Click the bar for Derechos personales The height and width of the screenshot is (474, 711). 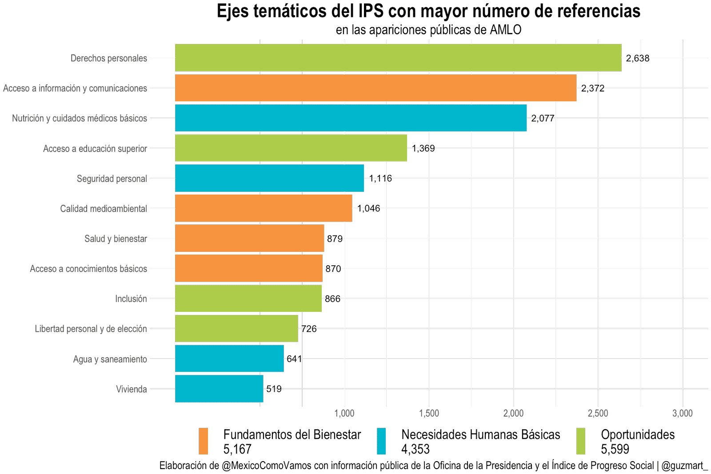398,58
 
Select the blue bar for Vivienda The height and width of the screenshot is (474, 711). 219,389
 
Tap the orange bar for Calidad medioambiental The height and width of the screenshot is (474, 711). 264,208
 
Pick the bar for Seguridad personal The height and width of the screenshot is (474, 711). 269,178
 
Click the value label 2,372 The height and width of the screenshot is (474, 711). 593,88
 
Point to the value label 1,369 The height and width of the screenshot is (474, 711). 423,148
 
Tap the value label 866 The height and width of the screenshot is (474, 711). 332,299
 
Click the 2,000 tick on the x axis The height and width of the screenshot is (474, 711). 513,414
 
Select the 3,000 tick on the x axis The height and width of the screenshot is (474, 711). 683,414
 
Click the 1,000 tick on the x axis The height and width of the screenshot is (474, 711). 344,414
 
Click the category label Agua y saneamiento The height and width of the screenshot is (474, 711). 110,359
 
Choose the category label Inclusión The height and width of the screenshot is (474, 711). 131,299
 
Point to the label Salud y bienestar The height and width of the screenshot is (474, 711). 116,239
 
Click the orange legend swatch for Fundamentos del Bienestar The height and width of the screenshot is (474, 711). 203,441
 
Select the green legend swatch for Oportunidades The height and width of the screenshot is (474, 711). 580,441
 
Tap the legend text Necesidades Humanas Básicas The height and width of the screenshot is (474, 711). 480,434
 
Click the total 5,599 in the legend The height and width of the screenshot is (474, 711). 615,449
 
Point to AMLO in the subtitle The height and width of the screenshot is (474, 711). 505,30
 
